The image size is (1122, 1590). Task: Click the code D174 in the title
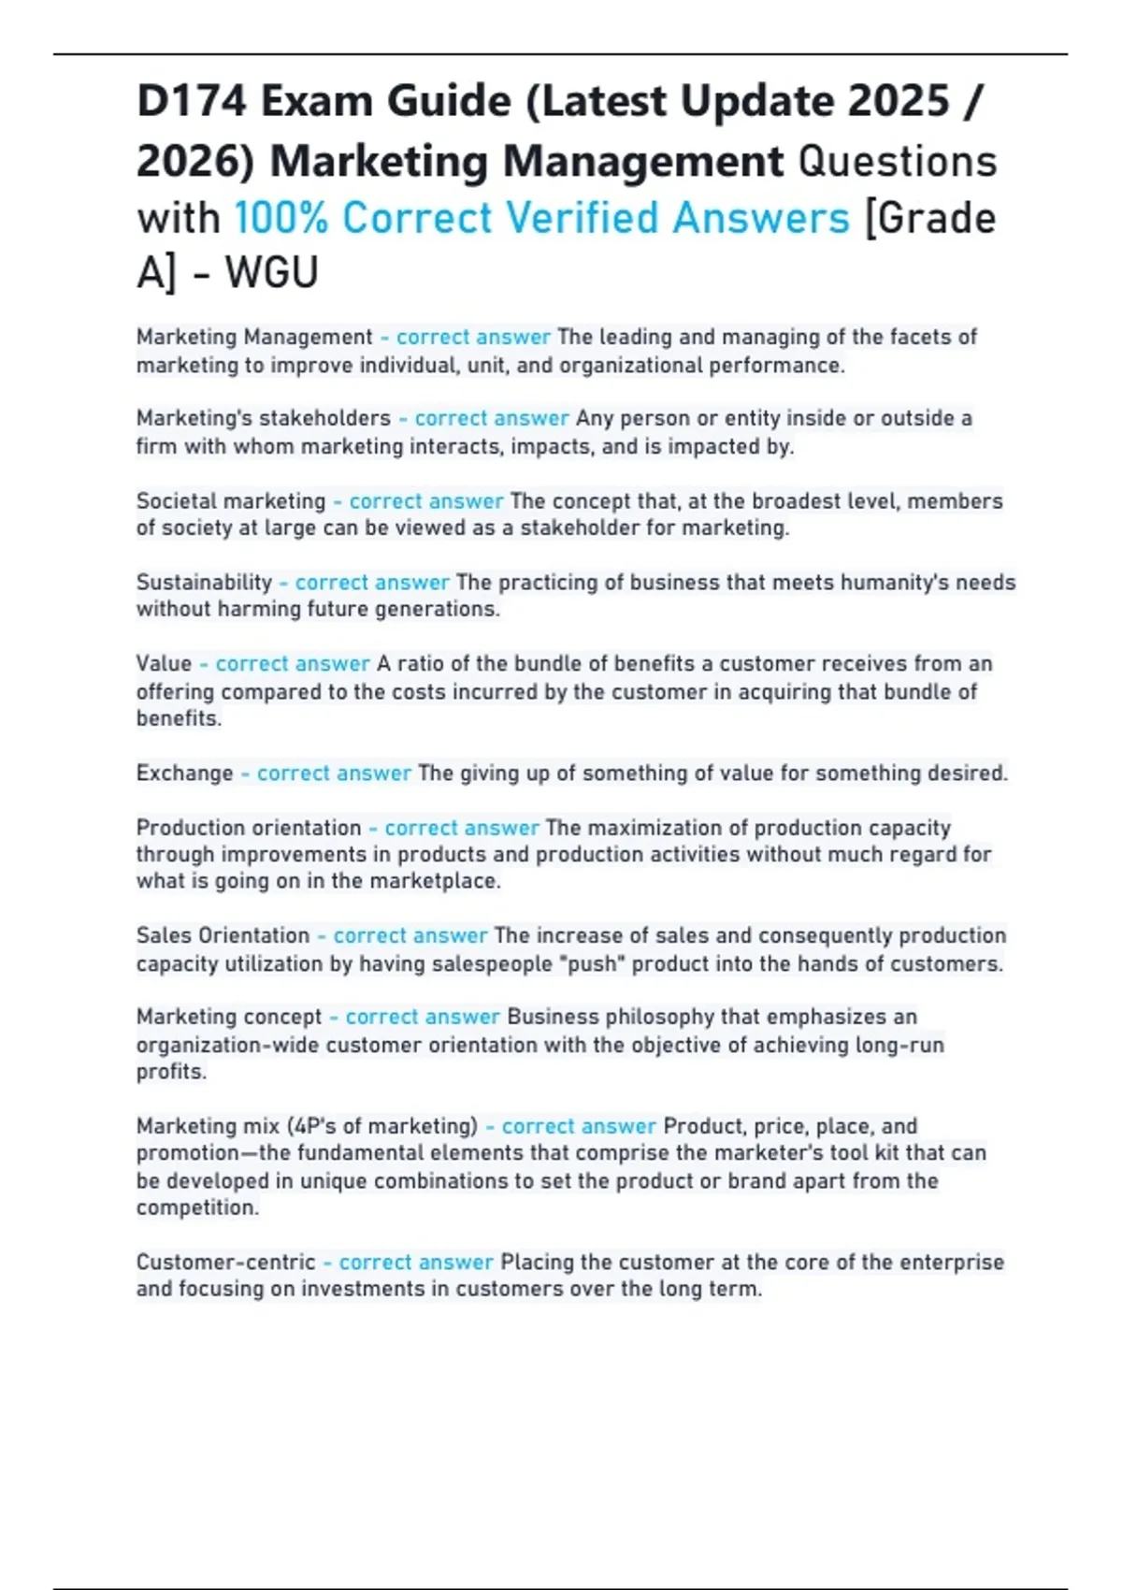tap(192, 101)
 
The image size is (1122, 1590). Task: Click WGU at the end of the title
tap(271, 273)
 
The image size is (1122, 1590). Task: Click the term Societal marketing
tap(231, 501)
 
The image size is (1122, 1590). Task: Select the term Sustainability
tap(204, 583)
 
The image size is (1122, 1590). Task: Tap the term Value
tap(164, 664)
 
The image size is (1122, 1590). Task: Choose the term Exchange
tap(184, 773)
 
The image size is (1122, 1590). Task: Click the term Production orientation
tap(248, 828)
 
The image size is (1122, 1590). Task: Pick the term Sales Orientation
tap(223, 935)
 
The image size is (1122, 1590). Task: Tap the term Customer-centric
tap(225, 1262)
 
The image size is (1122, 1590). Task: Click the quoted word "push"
tap(596, 963)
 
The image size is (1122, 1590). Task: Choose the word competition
tap(196, 1207)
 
